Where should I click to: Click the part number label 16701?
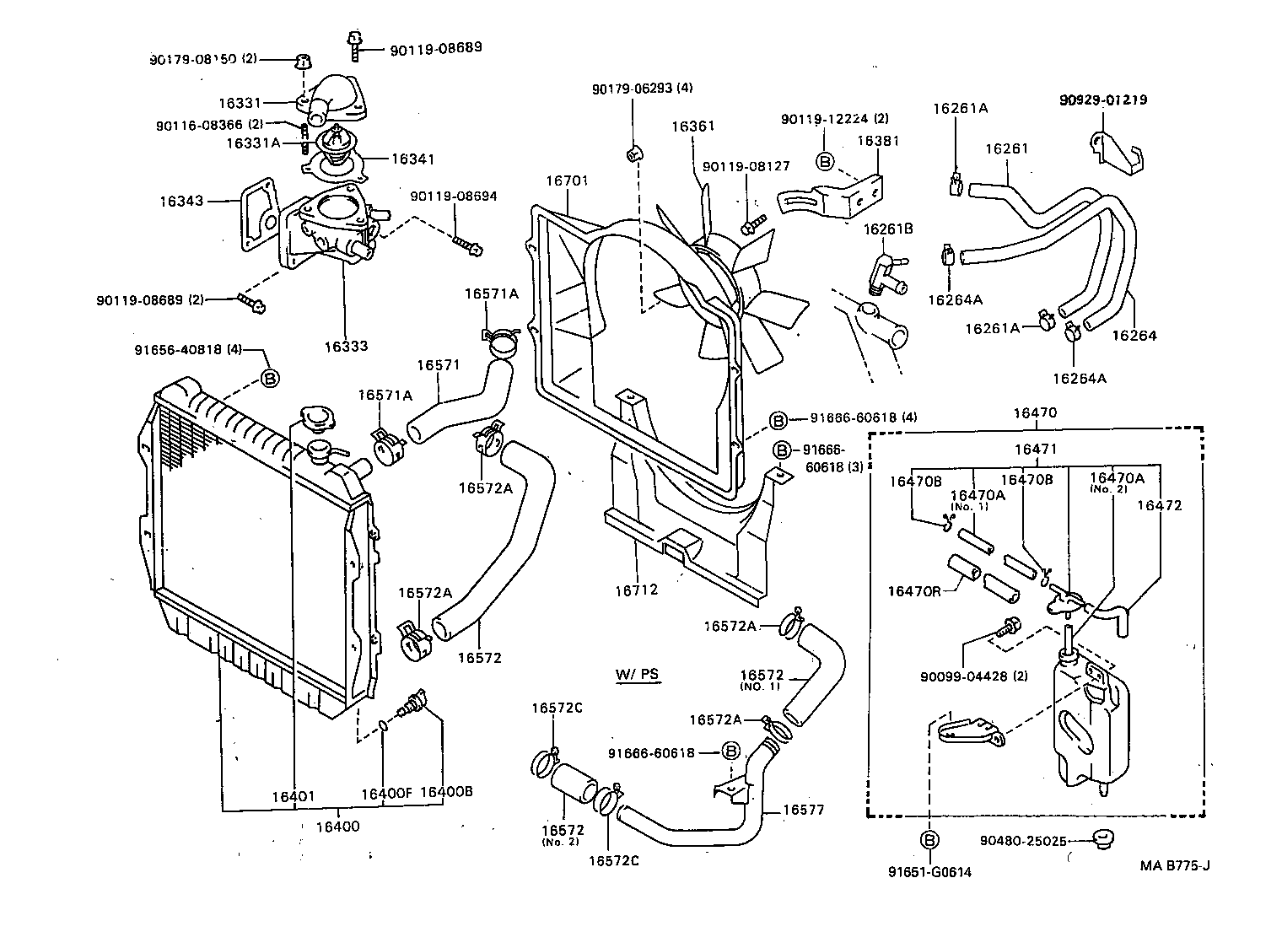[567, 180]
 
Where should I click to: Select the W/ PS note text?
[637, 674]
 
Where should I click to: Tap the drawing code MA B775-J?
[1175, 865]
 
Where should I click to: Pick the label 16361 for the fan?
[692, 127]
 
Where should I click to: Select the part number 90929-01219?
[1102, 100]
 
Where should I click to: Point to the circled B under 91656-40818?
[269, 379]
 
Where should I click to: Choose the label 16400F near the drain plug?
[385, 793]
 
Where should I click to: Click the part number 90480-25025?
[1023, 841]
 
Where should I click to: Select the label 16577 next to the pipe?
[802, 811]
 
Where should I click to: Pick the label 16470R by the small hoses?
[913, 591]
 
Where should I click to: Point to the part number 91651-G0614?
[929, 872]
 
